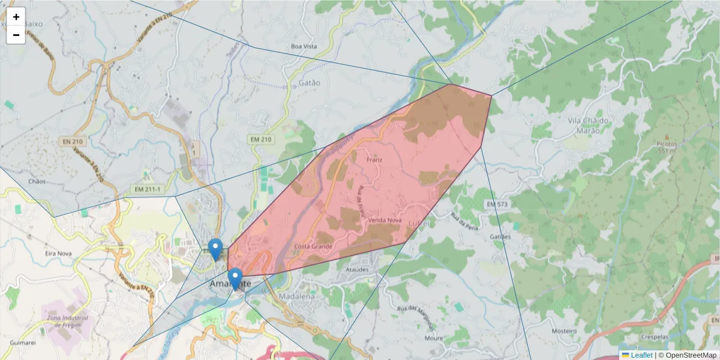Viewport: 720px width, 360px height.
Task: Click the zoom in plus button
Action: click(x=16, y=17)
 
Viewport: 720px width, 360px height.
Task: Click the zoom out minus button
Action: click(x=16, y=35)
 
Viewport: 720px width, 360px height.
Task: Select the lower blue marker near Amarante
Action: click(x=236, y=278)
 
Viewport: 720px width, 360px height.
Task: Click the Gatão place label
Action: click(x=309, y=83)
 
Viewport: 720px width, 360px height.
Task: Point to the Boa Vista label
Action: click(x=304, y=46)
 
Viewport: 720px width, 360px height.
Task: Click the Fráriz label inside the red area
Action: click(x=374, y=160)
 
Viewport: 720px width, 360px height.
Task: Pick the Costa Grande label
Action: click(x=313, y=247)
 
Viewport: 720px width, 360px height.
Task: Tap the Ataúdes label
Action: click(x=357, y=270)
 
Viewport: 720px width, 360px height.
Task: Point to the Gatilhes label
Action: click(x=500, y=236)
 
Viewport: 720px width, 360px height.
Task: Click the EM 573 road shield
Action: click(x=497, y=205)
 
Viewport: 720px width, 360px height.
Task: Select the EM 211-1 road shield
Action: click(x=147, y=190)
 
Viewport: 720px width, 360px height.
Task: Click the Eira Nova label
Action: click(x=59, y=254)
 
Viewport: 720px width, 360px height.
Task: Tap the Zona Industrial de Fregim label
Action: click(x=67, y=322)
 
